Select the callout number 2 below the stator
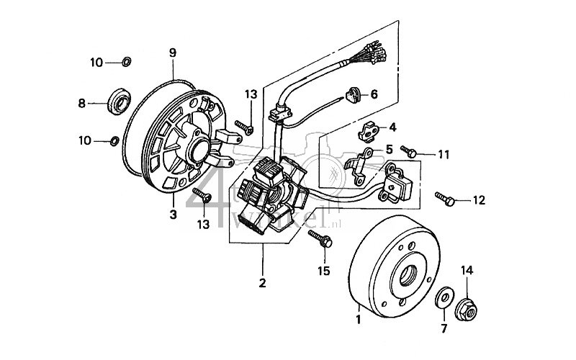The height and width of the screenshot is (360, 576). pos(262,283)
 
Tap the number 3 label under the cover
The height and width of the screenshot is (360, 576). pos(173,214)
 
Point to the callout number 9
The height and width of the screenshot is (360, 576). pos(173,52)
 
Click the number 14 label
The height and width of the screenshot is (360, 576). pos(466,270)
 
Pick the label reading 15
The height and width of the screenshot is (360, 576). pos(323,271)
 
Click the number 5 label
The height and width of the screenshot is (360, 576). pos(390,150)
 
